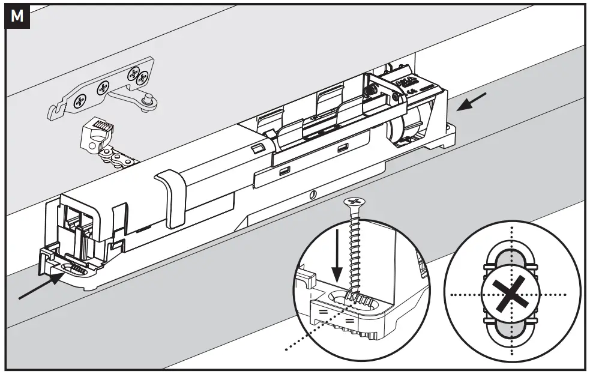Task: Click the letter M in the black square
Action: click(17, 17)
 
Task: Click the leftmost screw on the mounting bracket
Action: click(79, 103)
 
